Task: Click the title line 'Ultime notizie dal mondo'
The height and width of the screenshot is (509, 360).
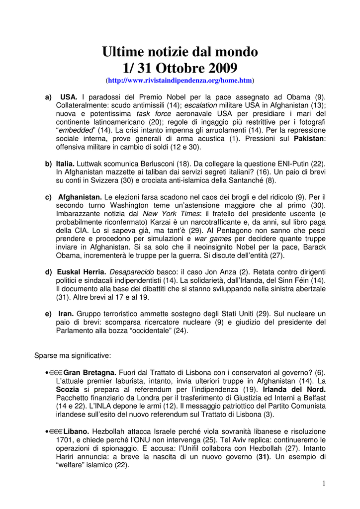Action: [x=180, y=51]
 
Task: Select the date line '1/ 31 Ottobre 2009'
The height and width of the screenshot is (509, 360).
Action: [x=180, y=67]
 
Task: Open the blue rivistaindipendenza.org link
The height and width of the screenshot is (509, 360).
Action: [x=180, y=80]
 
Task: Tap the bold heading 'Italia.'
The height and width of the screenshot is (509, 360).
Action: [x=65, y=163]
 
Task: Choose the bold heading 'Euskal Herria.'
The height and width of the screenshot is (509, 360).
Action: [x=82, y=272]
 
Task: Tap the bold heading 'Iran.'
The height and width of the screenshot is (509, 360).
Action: [x=66, y=314]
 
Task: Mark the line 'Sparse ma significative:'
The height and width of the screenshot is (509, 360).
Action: [x=73, y=355]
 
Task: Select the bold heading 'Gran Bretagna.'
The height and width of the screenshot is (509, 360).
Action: [x=90, y=372]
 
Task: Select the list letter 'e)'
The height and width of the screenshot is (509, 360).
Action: [x=49, y=314]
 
